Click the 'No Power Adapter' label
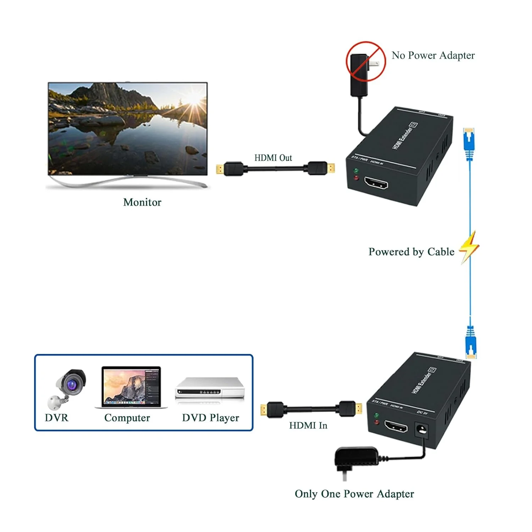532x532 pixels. coord(433,55)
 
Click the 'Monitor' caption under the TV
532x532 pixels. coord(142,202)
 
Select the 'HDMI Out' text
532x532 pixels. coord(273,158)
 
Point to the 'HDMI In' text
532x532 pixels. coord(308,425)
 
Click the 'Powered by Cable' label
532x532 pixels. coord(411,252)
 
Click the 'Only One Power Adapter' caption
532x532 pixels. coord(354,494)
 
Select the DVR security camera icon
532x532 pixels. coord(67,388)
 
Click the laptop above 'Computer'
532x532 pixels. coord(131,387)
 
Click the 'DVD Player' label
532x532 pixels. coord(210,418)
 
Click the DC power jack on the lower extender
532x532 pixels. coord(422,430)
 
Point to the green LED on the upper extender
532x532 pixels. coord(356,171)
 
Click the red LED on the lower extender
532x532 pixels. coord(377,422)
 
